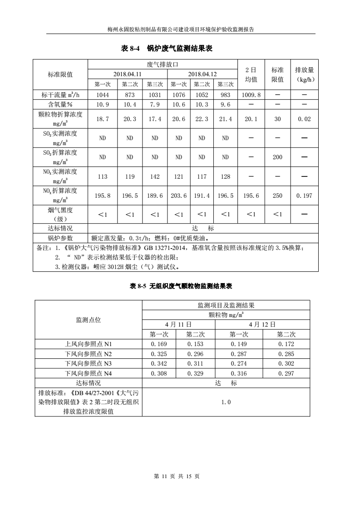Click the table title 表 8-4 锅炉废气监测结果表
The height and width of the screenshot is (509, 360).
(167, 48)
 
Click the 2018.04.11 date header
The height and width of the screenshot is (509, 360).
(127, 74)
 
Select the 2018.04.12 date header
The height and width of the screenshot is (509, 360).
(202, 74)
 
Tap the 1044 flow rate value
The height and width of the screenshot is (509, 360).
(103, 95)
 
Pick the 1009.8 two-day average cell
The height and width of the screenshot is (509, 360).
(251, 95)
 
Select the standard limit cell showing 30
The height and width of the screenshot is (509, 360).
(277, 119)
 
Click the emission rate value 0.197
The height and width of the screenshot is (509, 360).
(304, 196)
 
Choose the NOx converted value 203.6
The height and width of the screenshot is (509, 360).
(178, 196)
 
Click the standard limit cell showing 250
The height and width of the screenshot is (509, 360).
(277, 196)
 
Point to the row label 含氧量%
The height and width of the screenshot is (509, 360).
(60, 104)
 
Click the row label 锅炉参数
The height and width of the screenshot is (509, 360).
(60, 238)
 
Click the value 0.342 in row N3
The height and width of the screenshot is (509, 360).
(159, 364)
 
